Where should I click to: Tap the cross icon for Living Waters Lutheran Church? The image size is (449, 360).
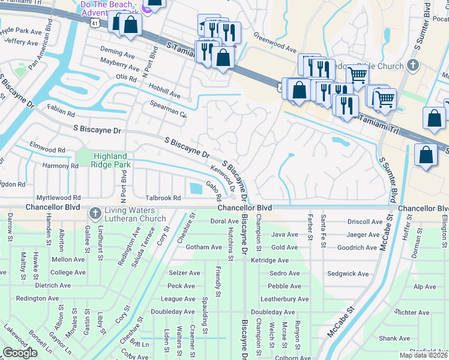coord(95,214)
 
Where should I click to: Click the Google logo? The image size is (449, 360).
coord(20,353)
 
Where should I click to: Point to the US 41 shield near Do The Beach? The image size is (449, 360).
coord(96,22)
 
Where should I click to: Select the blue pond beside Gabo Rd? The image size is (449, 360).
coord(196,188)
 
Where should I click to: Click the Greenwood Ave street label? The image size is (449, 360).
coord(274,43)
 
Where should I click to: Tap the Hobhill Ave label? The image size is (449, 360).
coord(164,91)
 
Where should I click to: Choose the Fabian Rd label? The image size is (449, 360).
coord(62,112)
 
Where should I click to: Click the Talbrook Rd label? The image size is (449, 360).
coord(163,197)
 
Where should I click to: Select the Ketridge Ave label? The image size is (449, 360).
coord(270,260)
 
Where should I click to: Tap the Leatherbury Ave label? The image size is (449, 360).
coord(284,299)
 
